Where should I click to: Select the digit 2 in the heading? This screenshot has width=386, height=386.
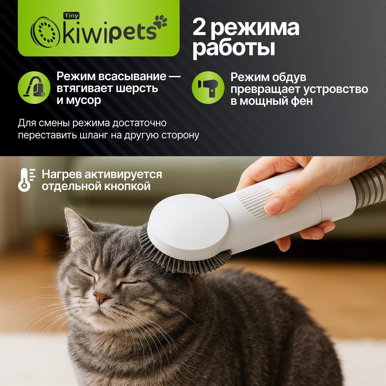click(200, 28)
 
